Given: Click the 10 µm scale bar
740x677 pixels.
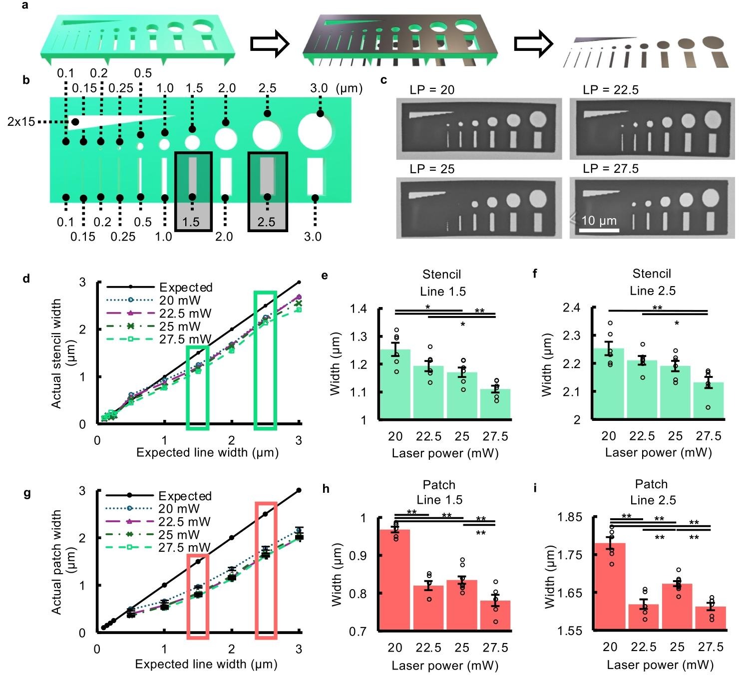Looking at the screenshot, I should tap(599, 230).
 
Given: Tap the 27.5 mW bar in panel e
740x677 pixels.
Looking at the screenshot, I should tap(495, 404).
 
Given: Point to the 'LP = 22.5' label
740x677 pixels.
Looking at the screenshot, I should tap(610, 90).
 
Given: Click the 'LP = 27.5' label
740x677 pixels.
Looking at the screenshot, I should tap(610, 169).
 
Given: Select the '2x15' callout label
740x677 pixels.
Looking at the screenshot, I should tap(21, 122).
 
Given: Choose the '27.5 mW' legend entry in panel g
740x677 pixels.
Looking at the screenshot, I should tap(185, 548).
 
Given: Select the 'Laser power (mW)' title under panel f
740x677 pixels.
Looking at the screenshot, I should tap(658, 453).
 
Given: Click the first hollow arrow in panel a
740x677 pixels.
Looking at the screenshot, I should tap(270, 44).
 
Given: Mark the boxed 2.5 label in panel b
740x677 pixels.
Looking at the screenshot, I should tap(267, 221).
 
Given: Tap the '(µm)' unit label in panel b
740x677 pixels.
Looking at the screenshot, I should tap(348, 88).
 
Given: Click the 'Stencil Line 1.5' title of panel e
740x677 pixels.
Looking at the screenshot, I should tap(442, 283).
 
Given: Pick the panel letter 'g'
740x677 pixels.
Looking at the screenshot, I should tap(27, 493).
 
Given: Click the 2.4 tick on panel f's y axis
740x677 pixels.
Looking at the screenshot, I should tap(571, 308).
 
